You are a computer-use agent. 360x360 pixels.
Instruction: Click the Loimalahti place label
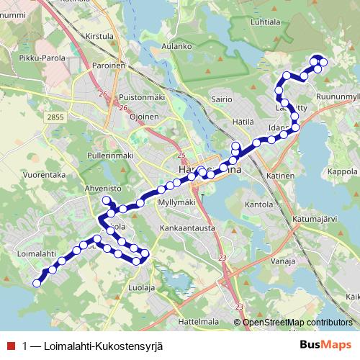pyautogui.click(x=35, y=253)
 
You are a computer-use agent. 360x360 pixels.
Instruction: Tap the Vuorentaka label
pyautogui.click(x=44, y=174)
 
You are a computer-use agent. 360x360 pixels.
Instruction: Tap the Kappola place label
pyautogui.click(x=342, y=172)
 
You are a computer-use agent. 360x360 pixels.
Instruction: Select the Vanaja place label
pyautogui.click(x=287, y=261)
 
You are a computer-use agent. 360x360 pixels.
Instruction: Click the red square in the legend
pyautogui.click(x=9, y=346)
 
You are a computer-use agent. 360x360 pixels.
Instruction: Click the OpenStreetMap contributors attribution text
pyautogui.click(x=297, y=322)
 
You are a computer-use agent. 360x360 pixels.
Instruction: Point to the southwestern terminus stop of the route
pyautogui.click(x=37, y=283)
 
